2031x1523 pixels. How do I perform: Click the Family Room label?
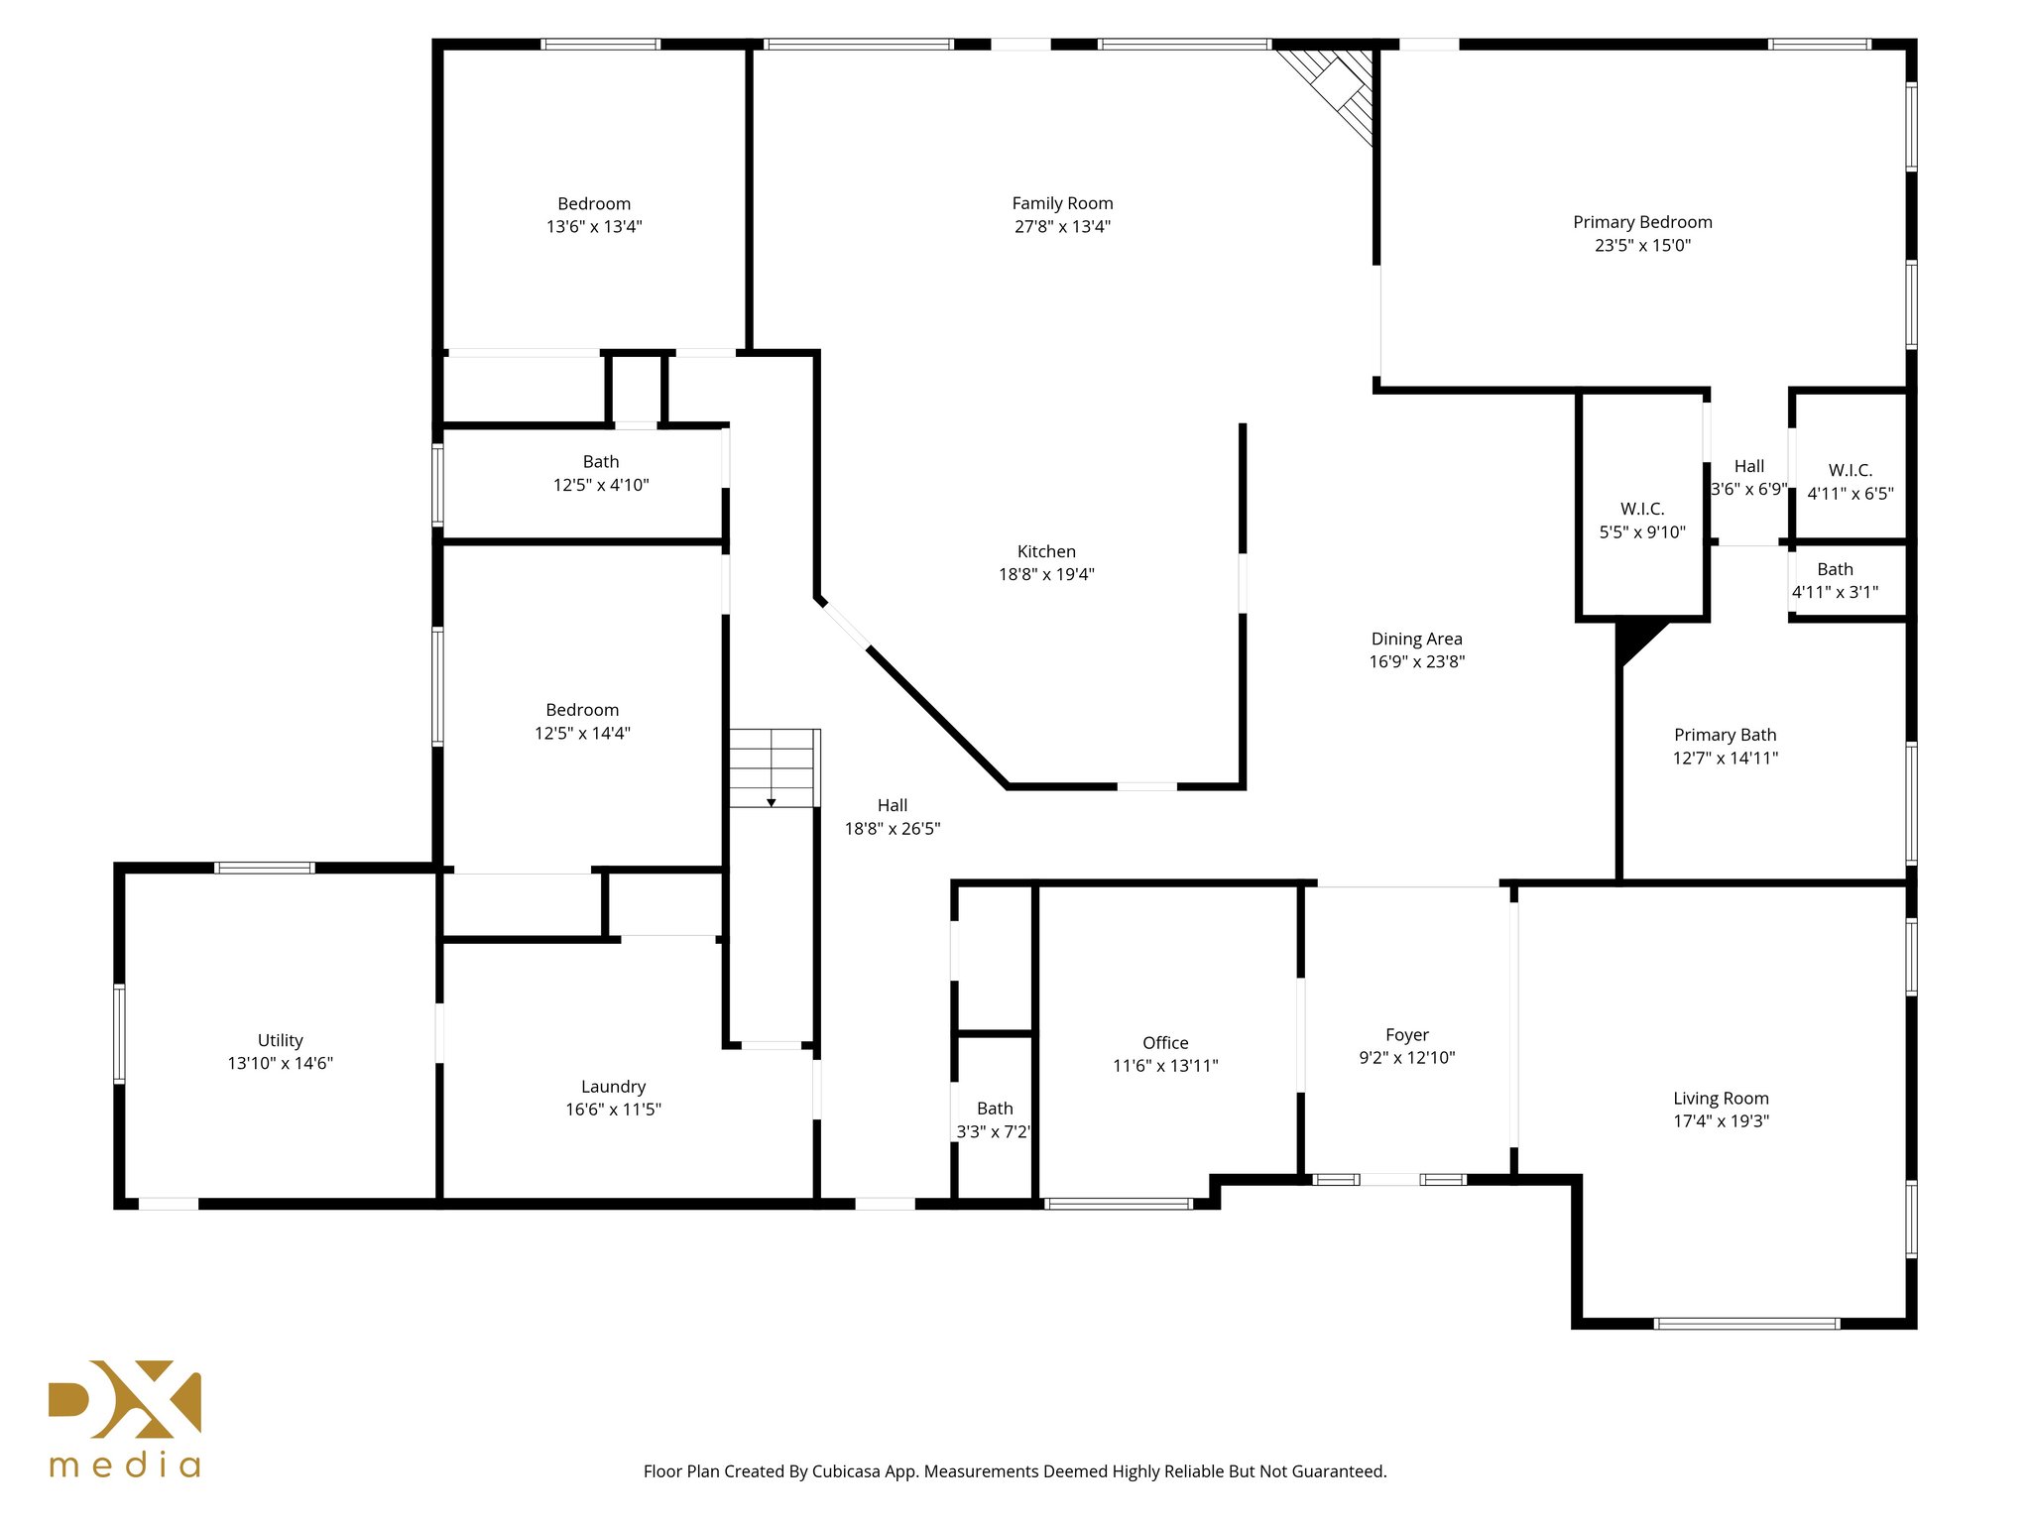point(1062,203)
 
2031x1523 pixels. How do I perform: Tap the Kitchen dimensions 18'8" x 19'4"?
point(1046,574)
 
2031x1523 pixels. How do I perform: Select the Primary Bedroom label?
point(1642,222)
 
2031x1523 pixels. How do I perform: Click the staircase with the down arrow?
point(773,768)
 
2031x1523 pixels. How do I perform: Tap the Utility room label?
point(280,1040)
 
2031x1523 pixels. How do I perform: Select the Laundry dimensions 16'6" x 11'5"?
point(613,1110)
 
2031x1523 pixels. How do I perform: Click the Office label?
point(1165,1043)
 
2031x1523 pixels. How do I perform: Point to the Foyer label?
point(1407,1035)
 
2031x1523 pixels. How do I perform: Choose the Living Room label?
point(1721,1099)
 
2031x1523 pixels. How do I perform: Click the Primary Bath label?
point(1725,735)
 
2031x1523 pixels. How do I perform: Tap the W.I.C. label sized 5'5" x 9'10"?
point(1642,509)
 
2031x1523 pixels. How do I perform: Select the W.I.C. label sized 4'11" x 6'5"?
point(1851,470)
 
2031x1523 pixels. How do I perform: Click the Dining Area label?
point(1416,640)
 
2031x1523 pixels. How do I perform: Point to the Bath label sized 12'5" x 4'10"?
point(601,462)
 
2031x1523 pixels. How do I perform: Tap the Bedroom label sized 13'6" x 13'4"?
point(594,204)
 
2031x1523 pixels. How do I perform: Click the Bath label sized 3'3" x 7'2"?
point(995,1109)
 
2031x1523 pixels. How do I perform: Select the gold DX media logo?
point(125,1418)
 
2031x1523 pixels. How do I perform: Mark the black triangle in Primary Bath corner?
point(1633,638)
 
